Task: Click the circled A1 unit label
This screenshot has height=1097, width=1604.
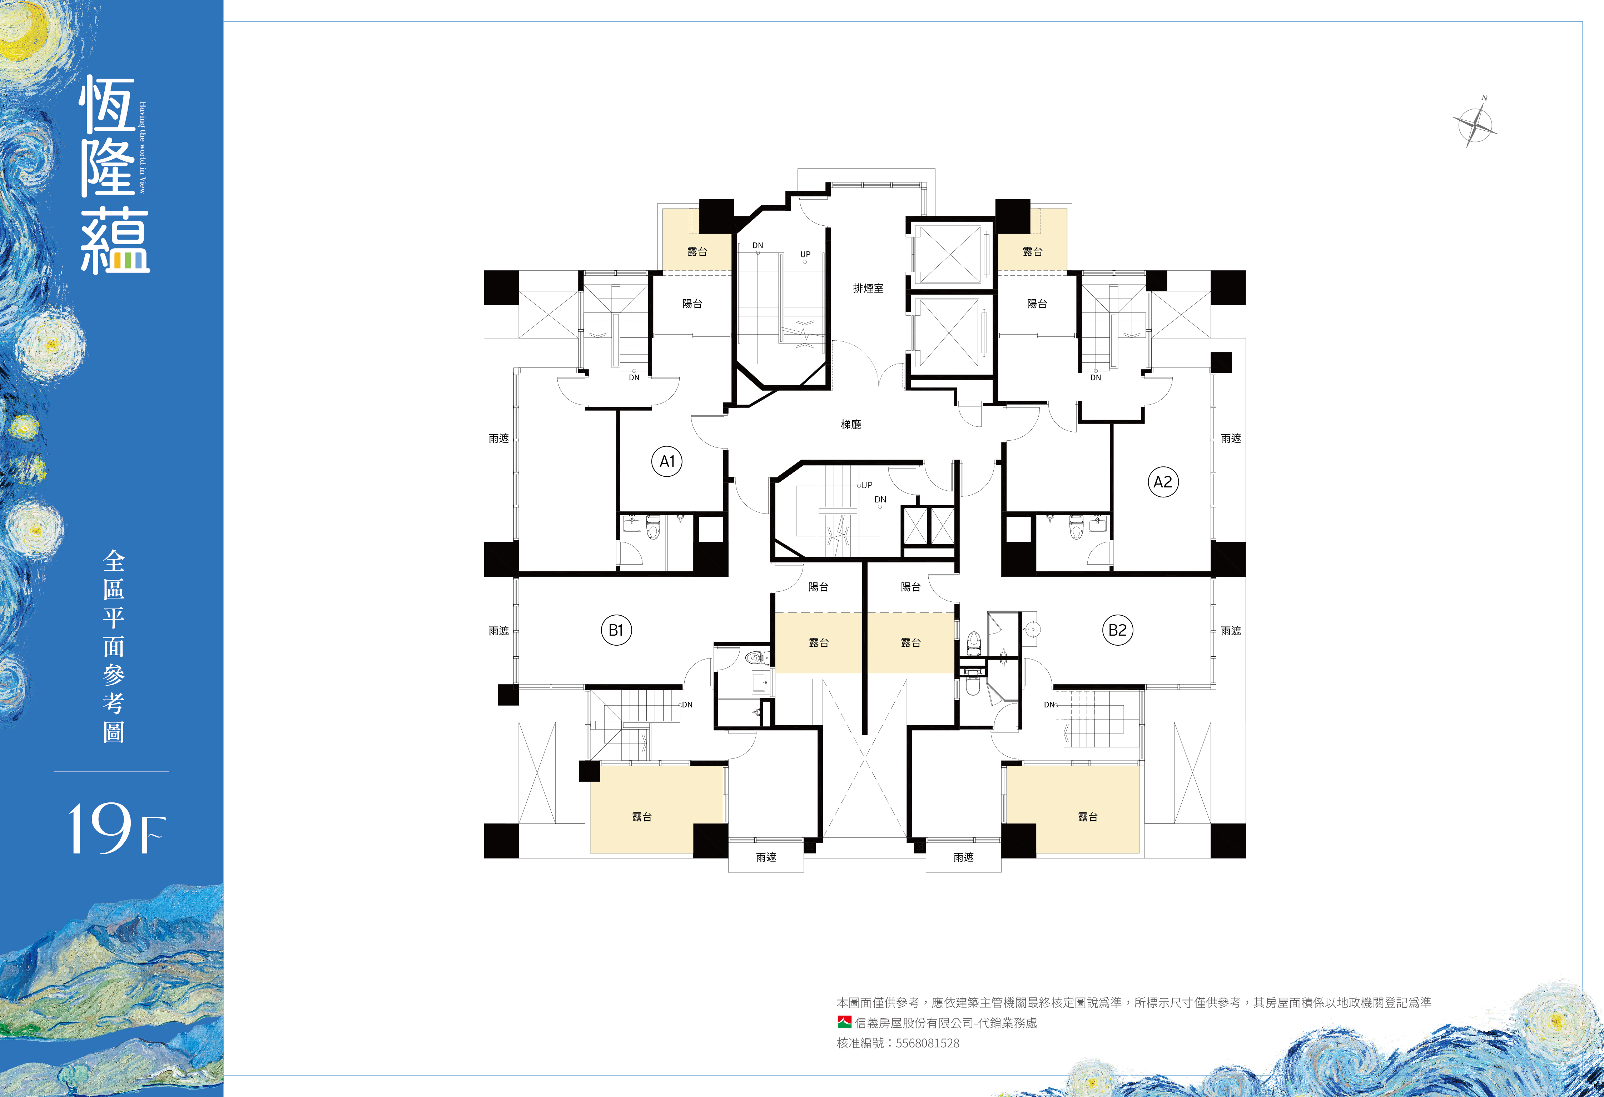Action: (667, 462)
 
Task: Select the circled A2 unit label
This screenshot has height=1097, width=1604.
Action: (1163, 482)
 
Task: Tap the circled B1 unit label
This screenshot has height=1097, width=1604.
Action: (616, 630)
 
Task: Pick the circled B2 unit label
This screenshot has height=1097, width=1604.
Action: (1117, 630)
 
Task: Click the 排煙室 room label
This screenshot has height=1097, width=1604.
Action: (868, 289)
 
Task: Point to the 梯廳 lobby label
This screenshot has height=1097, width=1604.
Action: (851, 424)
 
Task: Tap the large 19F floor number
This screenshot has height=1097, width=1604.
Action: (116, 828)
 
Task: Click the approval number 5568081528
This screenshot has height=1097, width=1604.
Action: (928, 1043)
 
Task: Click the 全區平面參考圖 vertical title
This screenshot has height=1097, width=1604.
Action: (114, 646)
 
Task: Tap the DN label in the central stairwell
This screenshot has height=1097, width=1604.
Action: (880, 500)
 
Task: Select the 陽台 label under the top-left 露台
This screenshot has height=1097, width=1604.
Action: (692, 304)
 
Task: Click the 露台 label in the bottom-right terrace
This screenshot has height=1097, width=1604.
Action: (1088, 817)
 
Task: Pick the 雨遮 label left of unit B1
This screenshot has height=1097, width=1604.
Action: (498, 631)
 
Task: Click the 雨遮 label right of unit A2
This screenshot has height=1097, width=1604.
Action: (1231, 438)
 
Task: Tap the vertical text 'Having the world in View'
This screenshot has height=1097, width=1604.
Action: (143, 147)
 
